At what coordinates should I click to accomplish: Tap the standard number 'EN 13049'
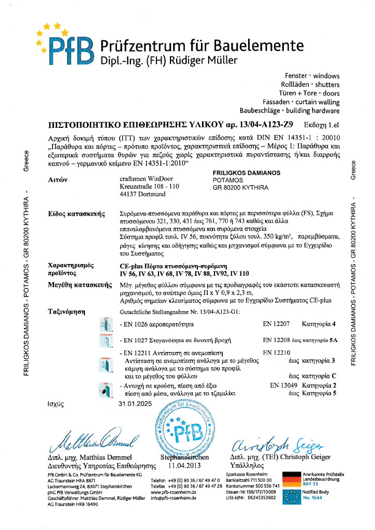click(x=284, y=386)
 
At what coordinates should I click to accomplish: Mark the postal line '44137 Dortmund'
click(x=142, y=194)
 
